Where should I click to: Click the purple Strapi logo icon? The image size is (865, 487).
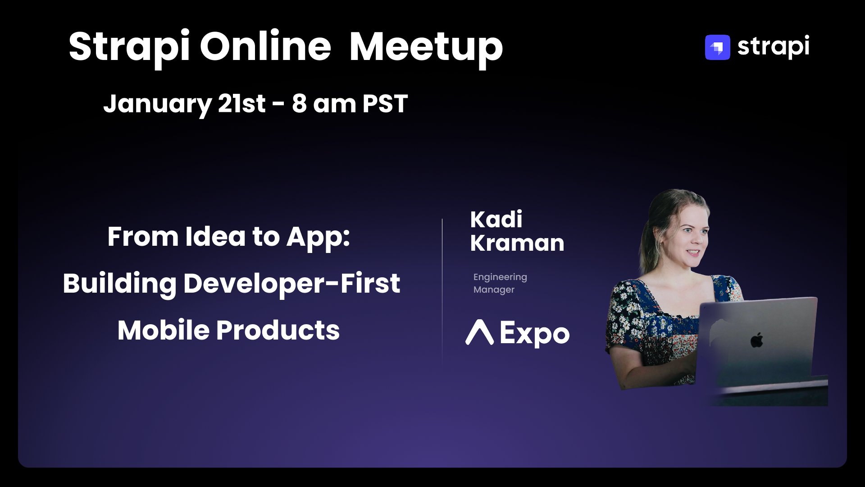click(x=717, y=47)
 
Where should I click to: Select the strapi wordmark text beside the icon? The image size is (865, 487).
click(x=773, y=47)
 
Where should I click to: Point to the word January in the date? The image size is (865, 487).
click(x=157, y=104)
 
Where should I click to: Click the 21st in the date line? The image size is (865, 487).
click(x=242, y=103)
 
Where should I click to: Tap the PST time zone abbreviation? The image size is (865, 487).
click(x=385, y=103)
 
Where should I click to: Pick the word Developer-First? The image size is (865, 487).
click(x=291, y=284)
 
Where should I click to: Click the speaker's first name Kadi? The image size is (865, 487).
click(x=496, y=220)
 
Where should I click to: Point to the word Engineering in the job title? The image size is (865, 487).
click(x=500, y=277)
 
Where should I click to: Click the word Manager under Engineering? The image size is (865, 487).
click(x=494, y=289)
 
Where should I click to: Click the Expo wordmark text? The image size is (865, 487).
click(x=535, y=334)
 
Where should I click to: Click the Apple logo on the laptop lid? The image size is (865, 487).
click(x=757, y=340)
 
